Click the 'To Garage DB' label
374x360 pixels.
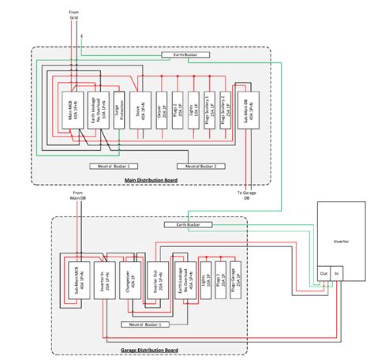pyautogui.click(x=246, y=195)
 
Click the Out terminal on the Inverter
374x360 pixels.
pyautogui.click(x=324, y=274)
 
